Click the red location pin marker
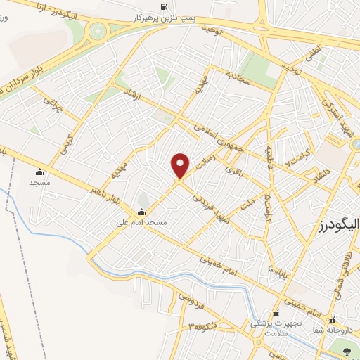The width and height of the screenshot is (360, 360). (x=181, y=166)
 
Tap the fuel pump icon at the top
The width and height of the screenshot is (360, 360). (x=164, y=6)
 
